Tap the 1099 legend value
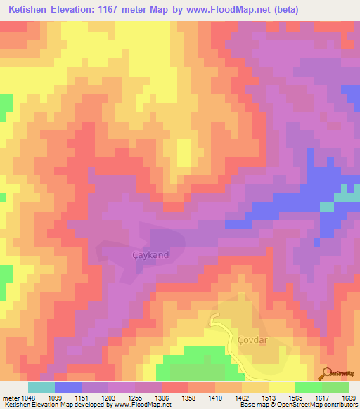[x=63, y=397]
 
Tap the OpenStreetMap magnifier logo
[x=325, y=373]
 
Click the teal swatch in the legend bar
[x=41, y=387]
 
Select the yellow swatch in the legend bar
[x=282, y=387]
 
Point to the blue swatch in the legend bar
[x=68, y=387]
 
